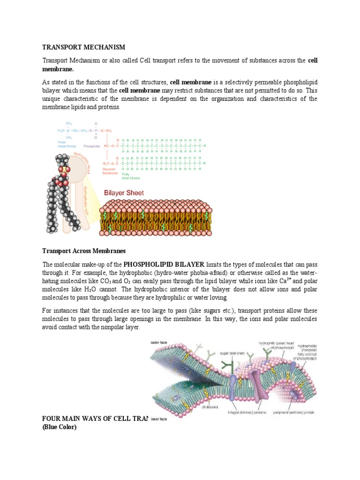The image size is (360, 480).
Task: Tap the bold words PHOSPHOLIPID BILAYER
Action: [x=157, y=263]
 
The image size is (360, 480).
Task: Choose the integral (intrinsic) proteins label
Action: [x=247, y=412]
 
